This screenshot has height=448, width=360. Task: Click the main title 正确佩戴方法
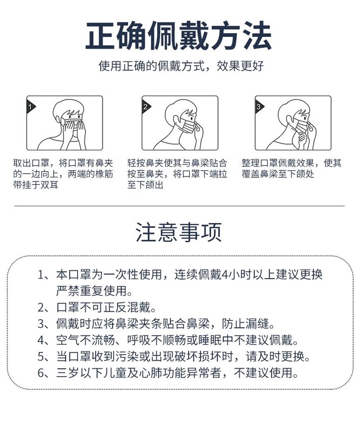[178, 36]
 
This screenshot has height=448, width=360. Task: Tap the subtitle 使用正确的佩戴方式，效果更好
[181, 66]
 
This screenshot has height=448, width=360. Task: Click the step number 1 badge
[30, 107]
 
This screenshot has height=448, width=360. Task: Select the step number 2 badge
[146, 107]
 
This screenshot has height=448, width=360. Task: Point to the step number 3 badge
[259, 107]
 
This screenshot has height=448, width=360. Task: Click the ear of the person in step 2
[177, 119]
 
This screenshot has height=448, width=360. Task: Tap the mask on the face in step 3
[302, 126]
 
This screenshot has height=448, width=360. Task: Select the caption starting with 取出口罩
[63, 174]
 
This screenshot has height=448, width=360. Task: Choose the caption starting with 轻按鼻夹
[177, 174]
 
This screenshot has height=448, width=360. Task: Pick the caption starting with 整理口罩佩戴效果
[291, 168]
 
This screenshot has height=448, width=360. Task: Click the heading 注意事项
[179, 232]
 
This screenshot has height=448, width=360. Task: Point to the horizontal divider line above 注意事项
[179, 206]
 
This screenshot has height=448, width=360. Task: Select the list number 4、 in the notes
[45, 340]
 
